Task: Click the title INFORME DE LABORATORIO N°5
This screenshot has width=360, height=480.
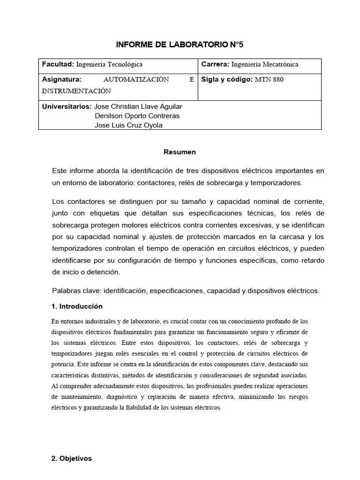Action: [x=180, y=45]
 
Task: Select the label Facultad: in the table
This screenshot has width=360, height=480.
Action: [x=58, y=65]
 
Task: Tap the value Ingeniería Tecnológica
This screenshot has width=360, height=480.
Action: [x=109, y=65]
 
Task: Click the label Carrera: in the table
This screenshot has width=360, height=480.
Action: [x=215, y=65]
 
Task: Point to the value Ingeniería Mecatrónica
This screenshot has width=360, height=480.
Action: [x=265, y=65]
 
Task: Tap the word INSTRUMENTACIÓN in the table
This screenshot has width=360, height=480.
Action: [x=76, y=91]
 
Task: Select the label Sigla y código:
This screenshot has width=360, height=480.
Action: [x=227, y=79]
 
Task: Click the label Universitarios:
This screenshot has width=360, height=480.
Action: [x=67, y=106]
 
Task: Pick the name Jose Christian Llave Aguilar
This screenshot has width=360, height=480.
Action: [x=138, y=106]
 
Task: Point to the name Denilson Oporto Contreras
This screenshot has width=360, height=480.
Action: [x=137, y=116]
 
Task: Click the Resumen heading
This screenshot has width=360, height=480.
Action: [x=180, y=152]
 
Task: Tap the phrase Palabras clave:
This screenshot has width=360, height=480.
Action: [x=77, y=291]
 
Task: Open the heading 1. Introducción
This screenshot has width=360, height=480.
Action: [x=77, y=306]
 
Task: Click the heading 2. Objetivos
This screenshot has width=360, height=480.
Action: [x=72, y=458]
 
